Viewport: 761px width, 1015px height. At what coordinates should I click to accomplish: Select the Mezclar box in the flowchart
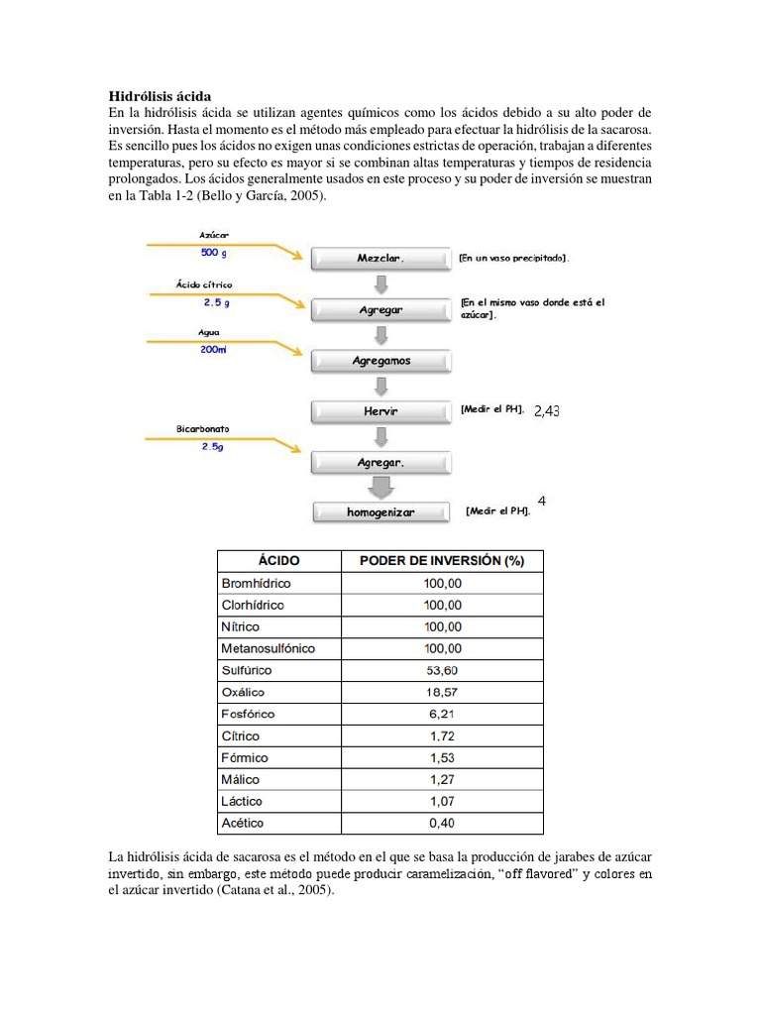click(380, 258)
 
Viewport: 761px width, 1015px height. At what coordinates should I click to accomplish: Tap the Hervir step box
click(380, 410)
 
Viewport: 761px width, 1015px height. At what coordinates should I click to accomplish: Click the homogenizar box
click(380, 512)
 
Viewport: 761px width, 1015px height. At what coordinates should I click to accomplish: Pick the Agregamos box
click(380, 361)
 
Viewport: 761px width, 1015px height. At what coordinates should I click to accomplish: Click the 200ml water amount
click(214, 350)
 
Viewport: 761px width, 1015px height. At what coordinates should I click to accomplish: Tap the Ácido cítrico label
click(204, 284)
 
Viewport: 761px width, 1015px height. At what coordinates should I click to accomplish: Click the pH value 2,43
click(546, 411)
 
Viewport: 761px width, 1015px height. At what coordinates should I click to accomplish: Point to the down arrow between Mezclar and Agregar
click(380, 283)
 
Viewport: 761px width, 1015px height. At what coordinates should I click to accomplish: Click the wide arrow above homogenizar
click(380, 487)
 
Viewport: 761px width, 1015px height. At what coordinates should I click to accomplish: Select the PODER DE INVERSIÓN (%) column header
click(442, 561)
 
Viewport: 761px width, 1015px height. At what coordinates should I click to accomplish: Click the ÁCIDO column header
click(278, 561)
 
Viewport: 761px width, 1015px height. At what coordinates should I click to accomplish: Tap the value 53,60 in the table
click(442, 670)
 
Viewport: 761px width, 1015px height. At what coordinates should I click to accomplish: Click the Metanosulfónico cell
click(268, 648)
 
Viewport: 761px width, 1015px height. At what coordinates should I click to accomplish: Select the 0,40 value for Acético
click(442, 823)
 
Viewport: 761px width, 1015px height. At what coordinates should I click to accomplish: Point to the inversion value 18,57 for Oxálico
click(442, 692)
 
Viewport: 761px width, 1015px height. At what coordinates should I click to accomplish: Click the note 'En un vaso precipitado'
click(513, 258)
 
